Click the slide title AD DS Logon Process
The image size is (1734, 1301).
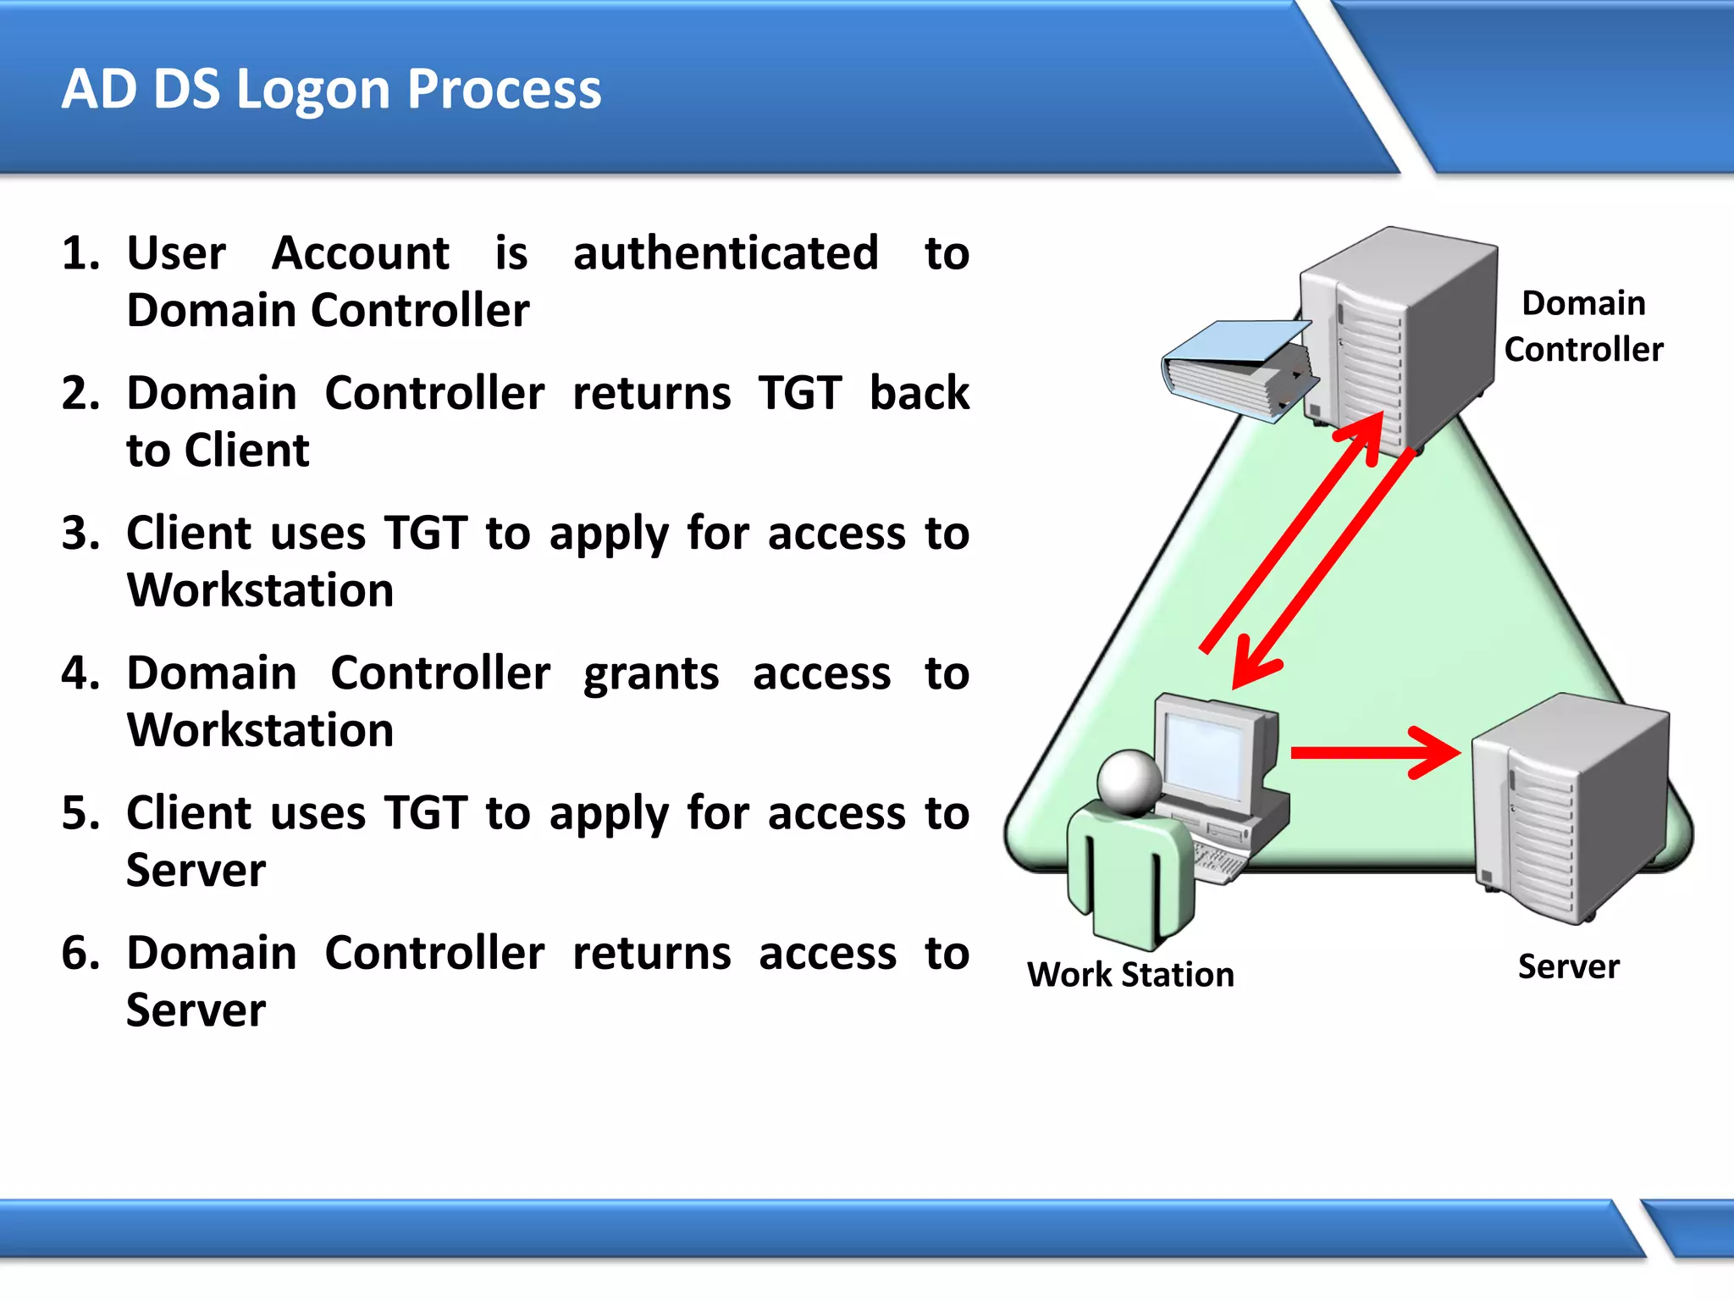tap(331, 89)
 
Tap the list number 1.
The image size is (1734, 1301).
tap(80, 253)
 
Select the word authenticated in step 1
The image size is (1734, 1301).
tap(726, 253)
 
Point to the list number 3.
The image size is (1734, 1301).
tap(80, 534)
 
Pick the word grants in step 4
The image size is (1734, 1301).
tap(651, 674)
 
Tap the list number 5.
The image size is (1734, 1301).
tap(80, 813)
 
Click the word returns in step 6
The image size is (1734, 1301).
tap(651, 954)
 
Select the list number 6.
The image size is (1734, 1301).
tap(80, 954)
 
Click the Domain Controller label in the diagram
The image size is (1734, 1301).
tap(1582, 326)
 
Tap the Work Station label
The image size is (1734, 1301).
tap(1130, 975)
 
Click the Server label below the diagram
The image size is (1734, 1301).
tap(1568, 966)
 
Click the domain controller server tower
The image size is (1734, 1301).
tap(1397, 339)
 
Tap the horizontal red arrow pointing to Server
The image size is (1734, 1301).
tap(1372, 752)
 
